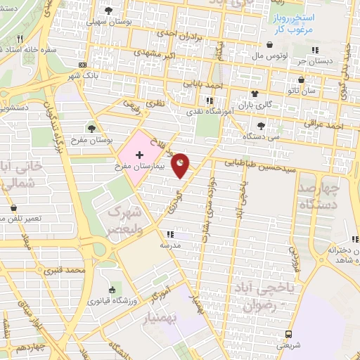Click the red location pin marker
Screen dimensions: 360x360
click(181, 165)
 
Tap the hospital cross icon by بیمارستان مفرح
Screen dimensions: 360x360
click(139, 153)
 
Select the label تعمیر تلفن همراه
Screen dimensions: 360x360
click(41, 218)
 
